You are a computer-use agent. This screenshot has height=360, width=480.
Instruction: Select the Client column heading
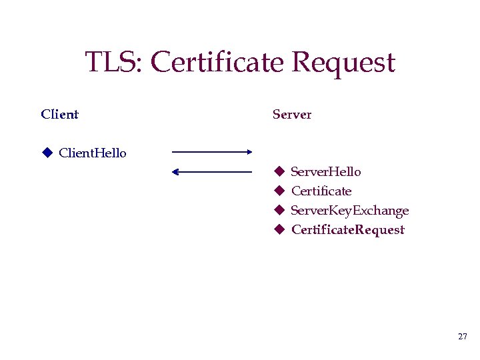click(59, 114)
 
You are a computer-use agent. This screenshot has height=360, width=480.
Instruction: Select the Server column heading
click(292, 114)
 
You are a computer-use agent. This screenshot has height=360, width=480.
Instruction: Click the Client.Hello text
click(93, 153)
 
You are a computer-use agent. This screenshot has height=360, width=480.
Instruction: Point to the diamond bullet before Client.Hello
click(47, 153)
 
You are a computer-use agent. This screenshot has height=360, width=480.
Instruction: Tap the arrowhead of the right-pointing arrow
click(249, 152)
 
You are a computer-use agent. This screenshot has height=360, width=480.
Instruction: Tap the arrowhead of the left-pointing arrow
click(175, 172)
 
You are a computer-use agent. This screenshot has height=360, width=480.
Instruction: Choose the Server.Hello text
click(326, 172)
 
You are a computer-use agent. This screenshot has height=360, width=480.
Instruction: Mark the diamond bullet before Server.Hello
click(279, 172)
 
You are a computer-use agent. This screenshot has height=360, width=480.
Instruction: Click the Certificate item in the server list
click(321, 191)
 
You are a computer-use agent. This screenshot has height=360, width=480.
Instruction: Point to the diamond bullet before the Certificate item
click(279, 191)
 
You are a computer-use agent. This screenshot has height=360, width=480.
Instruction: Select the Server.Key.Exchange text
click(349, 211)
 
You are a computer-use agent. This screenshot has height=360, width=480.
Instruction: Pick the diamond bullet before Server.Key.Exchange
click(279, 211)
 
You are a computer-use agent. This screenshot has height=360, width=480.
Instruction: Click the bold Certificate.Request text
click(347, 230)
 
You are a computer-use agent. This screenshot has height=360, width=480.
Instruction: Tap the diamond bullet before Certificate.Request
click(279, 230)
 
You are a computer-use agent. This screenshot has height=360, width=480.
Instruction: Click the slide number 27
click(463, 337)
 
